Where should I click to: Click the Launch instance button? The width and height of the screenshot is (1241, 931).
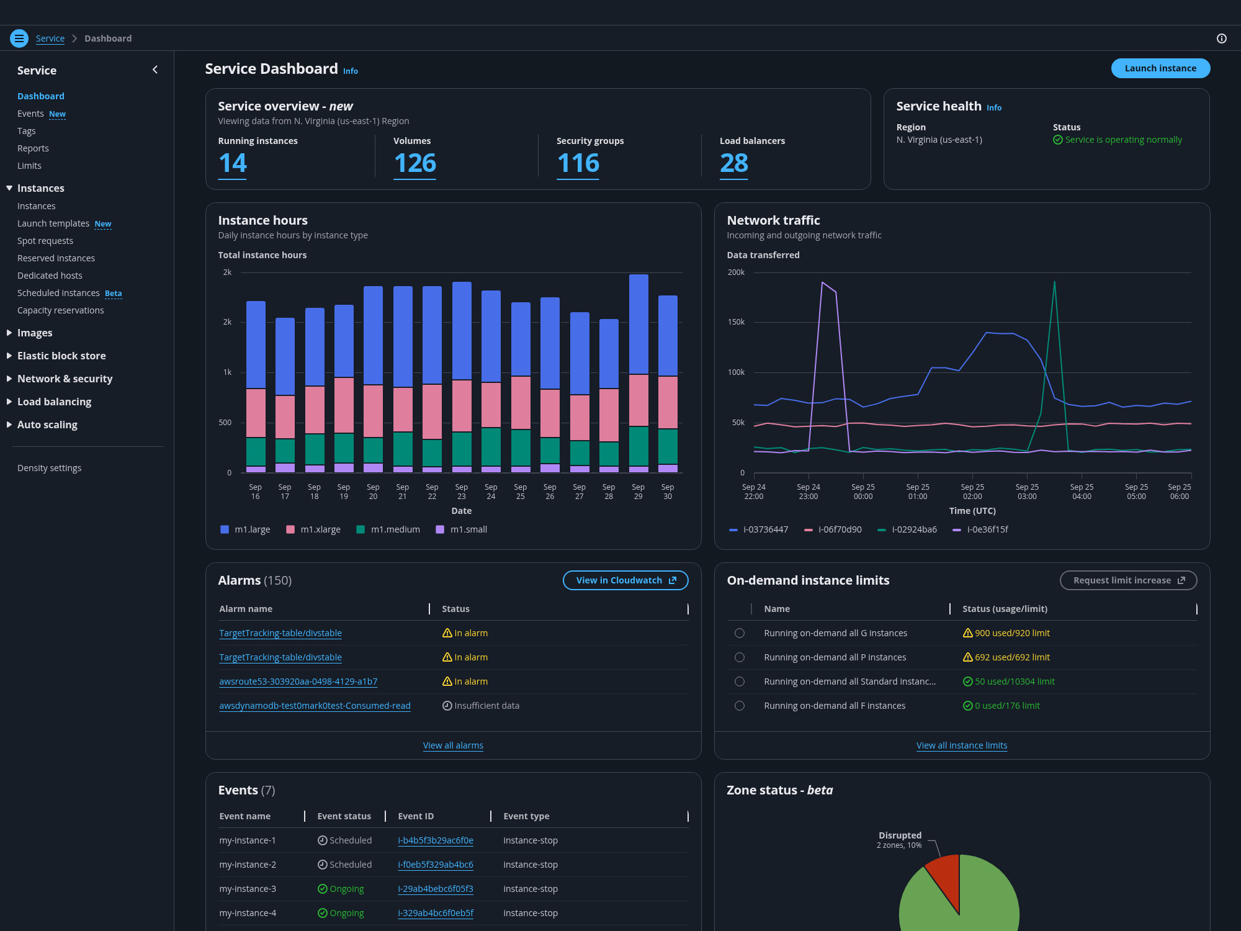pos(1160,68)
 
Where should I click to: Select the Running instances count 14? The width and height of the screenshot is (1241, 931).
pos(233,163)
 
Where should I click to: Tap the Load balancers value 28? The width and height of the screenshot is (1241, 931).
pos(733,163)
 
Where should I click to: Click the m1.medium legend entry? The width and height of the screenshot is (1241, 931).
pos(388,529)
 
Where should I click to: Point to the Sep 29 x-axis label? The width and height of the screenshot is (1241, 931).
pos(638,492)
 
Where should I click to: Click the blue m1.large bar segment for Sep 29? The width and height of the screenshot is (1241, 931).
pos(638,324)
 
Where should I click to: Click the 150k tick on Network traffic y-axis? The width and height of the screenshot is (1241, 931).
pos(736,322)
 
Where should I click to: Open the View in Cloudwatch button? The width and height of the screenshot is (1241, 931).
pos(625,580)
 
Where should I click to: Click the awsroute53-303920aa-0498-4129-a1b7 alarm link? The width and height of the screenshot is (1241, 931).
pos(298,681)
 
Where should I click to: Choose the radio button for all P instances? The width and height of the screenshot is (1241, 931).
pos(740,657)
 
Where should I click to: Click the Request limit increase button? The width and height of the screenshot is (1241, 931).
pos(1128,580)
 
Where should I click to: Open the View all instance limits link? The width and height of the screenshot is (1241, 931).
pos(962,745)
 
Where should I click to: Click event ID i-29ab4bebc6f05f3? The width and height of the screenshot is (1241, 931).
pos(436,889)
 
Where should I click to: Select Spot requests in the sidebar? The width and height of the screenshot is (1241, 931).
pos(45,241)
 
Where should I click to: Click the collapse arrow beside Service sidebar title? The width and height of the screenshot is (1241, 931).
pos(155,70)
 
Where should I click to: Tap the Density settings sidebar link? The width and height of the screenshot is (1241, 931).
pos(49,468)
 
